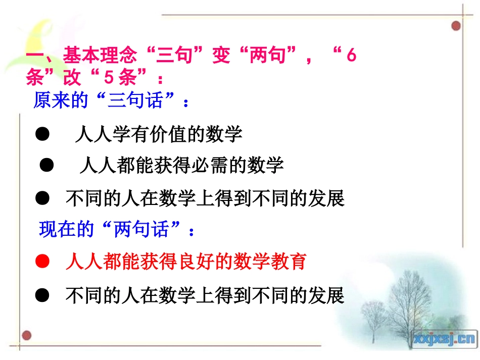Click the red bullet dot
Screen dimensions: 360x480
coord(42,262)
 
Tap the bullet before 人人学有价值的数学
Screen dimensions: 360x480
coord(42,134)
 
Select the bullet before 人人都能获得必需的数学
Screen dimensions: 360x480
coord(47,165)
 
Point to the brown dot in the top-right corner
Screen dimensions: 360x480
coord(456,25)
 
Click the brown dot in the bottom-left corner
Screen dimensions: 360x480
coord(27,335)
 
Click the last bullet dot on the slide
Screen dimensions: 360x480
coord(42,295)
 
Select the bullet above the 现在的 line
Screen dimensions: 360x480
coord(42,198)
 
